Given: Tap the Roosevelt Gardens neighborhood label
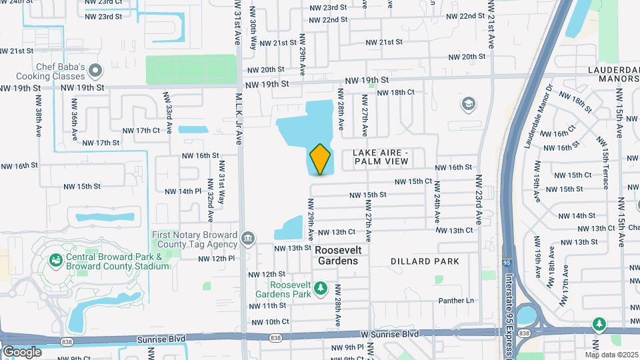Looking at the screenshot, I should [x=337, y=255].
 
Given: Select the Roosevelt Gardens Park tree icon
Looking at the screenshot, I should [x=321, y=288].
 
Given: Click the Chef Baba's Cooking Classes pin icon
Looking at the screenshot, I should [x=95, y=70].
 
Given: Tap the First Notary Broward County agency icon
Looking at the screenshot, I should [x=248, y=238].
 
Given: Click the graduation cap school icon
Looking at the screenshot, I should [x=468, y=104].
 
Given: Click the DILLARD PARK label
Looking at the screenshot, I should [x=425, y=261].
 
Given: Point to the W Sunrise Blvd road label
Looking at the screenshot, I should [x=391, y=333].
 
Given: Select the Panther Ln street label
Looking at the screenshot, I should [x=456, y=301].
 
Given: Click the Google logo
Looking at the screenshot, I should [x=22, y=351].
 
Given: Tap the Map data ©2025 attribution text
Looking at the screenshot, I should [x=611, y=354].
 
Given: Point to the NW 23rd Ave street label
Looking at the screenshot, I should [x=479, y=200].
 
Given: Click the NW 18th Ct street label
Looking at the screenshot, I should [x=398, y=92].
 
